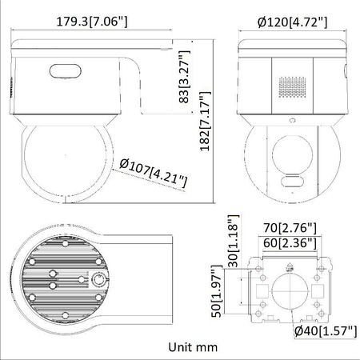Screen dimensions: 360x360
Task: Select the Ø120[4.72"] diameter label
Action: [x=293, y=21]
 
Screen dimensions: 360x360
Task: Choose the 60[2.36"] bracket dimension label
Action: [x=290, y=242]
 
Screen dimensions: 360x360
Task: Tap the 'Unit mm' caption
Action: [x=194, y=347]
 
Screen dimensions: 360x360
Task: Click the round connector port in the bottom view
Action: [x=99, y=279]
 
